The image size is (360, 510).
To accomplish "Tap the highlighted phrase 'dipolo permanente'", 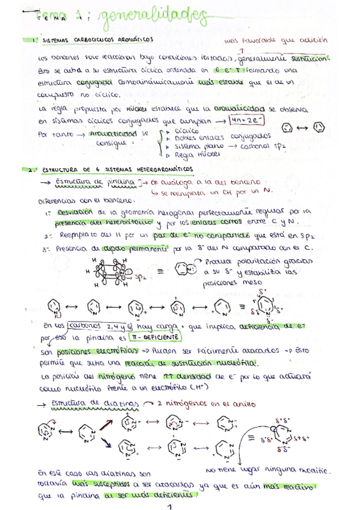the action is (144, 247).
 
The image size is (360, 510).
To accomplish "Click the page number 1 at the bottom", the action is (170, 506).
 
